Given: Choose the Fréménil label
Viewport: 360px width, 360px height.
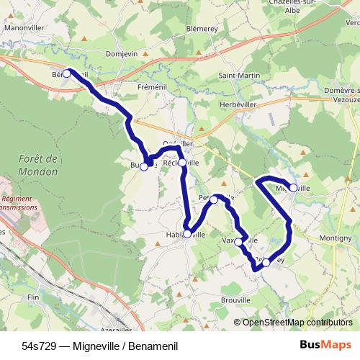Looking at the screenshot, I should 132,85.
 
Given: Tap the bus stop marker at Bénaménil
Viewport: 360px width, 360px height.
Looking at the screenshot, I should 66,73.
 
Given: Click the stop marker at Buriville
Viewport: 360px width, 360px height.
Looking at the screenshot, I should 144,166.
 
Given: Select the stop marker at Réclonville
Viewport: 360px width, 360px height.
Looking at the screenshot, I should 182,163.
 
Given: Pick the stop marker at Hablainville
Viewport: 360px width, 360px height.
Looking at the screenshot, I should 187,233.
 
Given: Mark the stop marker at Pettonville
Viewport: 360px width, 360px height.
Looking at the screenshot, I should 214,199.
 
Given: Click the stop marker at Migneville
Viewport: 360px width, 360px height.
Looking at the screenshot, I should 293,187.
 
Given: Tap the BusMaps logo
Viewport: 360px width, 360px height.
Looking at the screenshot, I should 326,345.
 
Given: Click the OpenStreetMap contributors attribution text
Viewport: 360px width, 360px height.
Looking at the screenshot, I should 297,323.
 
